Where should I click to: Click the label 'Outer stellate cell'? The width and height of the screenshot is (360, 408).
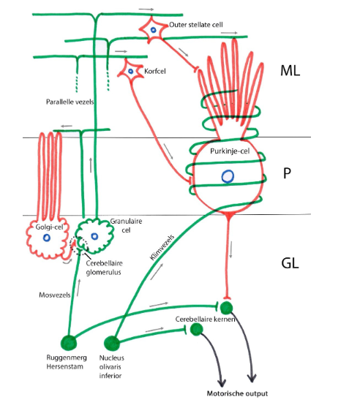coord(195,25)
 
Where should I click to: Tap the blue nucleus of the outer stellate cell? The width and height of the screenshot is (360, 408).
coord(153,30)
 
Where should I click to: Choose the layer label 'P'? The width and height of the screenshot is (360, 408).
coord(288,175)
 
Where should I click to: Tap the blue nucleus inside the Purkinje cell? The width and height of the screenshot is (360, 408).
coord(228,175)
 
